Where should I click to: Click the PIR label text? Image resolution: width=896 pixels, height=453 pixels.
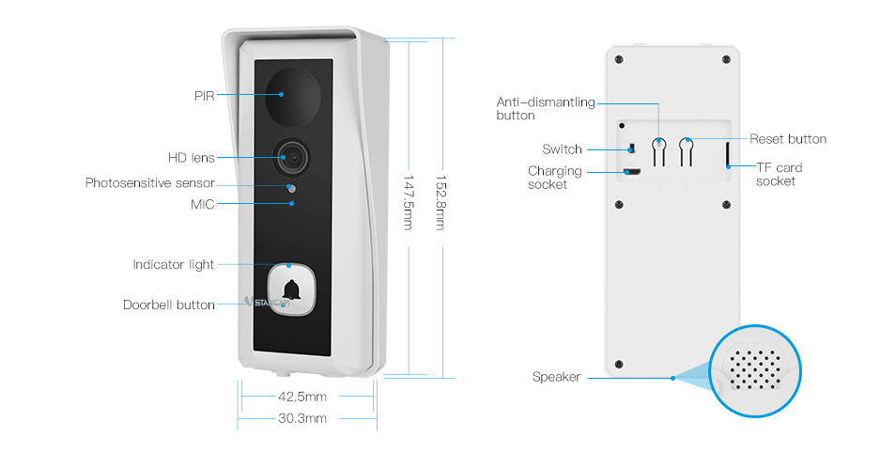click(x=205, y=96)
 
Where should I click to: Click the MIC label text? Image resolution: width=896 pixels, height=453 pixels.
click(x=204, y=205)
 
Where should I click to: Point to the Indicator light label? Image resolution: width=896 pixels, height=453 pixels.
click(x=173, y=265)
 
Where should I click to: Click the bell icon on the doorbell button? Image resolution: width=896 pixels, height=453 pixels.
click(x=291, y=292)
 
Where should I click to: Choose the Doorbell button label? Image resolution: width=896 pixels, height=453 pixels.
click(x=168, y=305)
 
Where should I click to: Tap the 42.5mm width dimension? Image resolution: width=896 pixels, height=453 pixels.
click(x=302, y=397)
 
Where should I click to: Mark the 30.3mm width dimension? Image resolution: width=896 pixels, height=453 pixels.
click(x=302, y=418)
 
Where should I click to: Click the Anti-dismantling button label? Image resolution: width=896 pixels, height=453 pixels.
click(x=545, y=109)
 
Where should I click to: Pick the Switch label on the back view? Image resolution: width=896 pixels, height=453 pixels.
click(x=562, y=149)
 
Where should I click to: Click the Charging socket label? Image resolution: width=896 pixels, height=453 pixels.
click(x=554, y=178)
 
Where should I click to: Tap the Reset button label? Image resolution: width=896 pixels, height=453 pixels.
click(x=788, y=139)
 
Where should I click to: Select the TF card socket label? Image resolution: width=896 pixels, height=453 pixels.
click(x=779, y=174)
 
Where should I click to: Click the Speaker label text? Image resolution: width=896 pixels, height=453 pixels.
click(x=556, y=377)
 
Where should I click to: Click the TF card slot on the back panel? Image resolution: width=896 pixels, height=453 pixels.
click(x=729, y=155)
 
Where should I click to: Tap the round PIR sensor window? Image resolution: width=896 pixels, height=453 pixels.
click(x=291, y=94)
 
